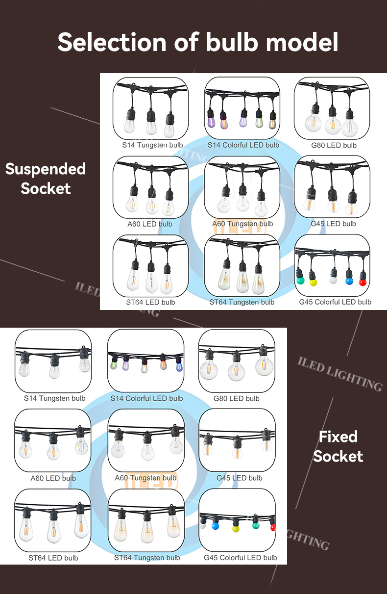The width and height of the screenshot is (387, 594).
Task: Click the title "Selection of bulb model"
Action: click(x=197, y=42)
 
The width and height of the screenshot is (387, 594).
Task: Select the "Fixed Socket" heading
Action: click(x=338, y=446)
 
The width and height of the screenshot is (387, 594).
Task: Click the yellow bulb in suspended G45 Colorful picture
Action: click(x=313, y=283)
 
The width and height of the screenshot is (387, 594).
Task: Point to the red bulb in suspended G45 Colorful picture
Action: click(x=363, y=282)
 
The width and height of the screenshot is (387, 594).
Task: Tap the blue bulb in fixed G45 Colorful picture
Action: click(x=214, y=526)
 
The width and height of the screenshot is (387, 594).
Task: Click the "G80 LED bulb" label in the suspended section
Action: click(x=334, y=145)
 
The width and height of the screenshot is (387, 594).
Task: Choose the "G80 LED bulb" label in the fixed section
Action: click(x=237, y=398)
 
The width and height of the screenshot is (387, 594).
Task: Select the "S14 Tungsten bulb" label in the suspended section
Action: click(x=152, y=145)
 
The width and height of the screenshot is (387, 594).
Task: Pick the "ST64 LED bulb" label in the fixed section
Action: click(x=53, y=558)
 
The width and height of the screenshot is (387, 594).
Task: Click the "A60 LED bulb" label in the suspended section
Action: click(x=150, y=224)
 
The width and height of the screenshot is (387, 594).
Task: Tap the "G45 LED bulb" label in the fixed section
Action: click(x=240, y=478)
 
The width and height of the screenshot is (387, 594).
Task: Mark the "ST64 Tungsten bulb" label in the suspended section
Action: click(x=242, y=302)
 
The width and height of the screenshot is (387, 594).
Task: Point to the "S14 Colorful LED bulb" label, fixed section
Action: click(x=147, y=398)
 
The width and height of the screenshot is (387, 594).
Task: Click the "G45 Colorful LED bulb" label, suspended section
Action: click(x=335, y=302)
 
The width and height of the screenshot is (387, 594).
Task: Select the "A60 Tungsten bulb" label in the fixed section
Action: click(x=145, y=478)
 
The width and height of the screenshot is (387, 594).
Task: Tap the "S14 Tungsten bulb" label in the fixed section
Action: click(x=54, y=398)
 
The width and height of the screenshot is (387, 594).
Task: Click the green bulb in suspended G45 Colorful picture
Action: click(x=300, y=281)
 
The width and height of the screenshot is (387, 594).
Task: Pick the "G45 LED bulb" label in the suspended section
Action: click(x=333, y=224)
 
